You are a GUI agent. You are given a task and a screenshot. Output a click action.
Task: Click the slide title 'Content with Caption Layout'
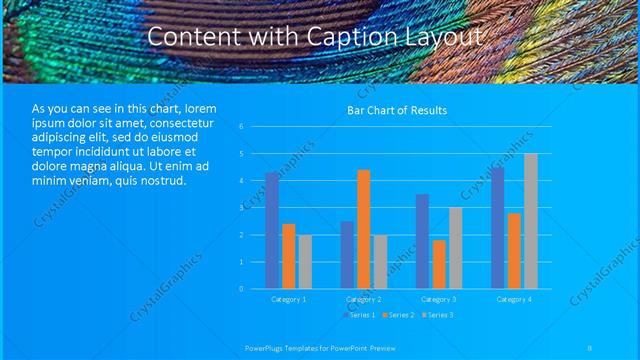click(316, 36)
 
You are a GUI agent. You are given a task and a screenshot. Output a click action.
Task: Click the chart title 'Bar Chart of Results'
click(397, 109)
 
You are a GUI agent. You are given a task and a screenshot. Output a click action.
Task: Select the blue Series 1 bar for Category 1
click(272, 230)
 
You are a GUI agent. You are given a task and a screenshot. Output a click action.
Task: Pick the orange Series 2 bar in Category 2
click(363, 229)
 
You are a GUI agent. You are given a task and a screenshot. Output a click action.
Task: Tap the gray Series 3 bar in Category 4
click(530, 221)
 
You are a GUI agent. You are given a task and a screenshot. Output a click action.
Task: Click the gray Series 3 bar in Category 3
click(455, 248)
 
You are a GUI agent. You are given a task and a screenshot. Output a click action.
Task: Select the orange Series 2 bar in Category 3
click(439, 264)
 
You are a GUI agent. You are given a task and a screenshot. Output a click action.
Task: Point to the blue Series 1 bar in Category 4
click(498, 228)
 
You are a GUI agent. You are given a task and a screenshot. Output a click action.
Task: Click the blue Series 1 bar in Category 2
click(347, 254)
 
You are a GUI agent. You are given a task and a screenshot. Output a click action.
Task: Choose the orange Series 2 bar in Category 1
click(288, 256)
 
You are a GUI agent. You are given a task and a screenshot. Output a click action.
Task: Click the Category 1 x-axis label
click(288, 299)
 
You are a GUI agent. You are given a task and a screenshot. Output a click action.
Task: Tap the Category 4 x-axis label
click(514, 299)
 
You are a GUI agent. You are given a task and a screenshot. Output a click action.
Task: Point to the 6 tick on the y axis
click(241, 127)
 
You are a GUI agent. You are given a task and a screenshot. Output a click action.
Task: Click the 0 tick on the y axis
click(241, 289)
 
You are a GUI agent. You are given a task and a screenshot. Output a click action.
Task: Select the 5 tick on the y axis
click(241, 154)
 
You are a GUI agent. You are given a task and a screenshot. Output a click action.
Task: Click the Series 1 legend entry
click(359, 315)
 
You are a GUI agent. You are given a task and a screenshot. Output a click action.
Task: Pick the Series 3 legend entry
click(438, 315)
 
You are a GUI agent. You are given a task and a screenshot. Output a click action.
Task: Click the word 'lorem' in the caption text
click(199, 108)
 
